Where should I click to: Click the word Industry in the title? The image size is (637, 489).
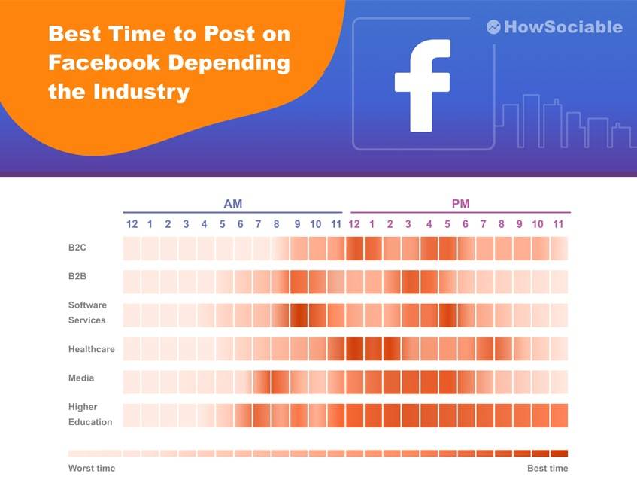point(141,93)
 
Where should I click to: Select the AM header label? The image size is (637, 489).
point(233,204)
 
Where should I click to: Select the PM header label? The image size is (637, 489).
point(460,204)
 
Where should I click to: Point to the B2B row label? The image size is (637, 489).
point(77,276)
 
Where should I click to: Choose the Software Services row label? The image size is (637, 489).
point(87,313)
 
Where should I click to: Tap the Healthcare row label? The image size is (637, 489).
point(91,349)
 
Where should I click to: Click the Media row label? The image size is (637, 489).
point(81,378)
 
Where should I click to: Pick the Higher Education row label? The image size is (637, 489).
point(89,415)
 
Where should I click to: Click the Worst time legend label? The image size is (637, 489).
point(92,469)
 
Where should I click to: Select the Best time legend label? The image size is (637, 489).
point(548,469)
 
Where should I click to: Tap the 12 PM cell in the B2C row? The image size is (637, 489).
point(354,248)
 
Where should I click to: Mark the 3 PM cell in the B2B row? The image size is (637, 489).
point(410,281)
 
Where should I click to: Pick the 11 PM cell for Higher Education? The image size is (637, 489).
point(559,415)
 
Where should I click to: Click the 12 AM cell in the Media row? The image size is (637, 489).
point(132,381)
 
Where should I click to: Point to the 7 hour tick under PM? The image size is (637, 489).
point(484,224)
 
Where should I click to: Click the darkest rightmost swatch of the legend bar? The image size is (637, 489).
point(559,454)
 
